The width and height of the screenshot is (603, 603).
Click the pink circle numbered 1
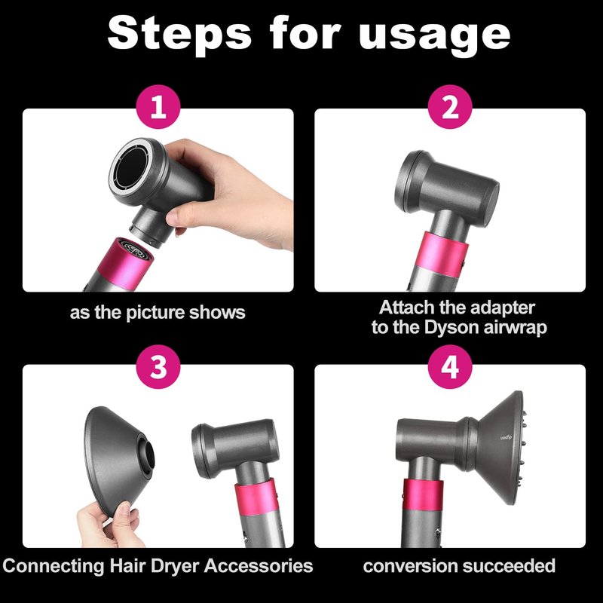coord(158,107)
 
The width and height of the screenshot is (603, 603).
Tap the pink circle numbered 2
coord(450,107)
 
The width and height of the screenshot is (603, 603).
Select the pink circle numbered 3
coord(158,366)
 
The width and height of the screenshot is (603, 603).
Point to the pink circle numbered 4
coord(450,366)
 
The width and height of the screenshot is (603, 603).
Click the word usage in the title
coord(435,36)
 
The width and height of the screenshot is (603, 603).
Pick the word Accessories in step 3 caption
coord(259,566)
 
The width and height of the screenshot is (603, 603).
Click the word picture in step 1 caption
coord(155,313)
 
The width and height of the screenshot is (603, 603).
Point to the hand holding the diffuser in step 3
coord(108,525)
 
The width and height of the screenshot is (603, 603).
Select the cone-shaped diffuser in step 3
coord(118,460)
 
